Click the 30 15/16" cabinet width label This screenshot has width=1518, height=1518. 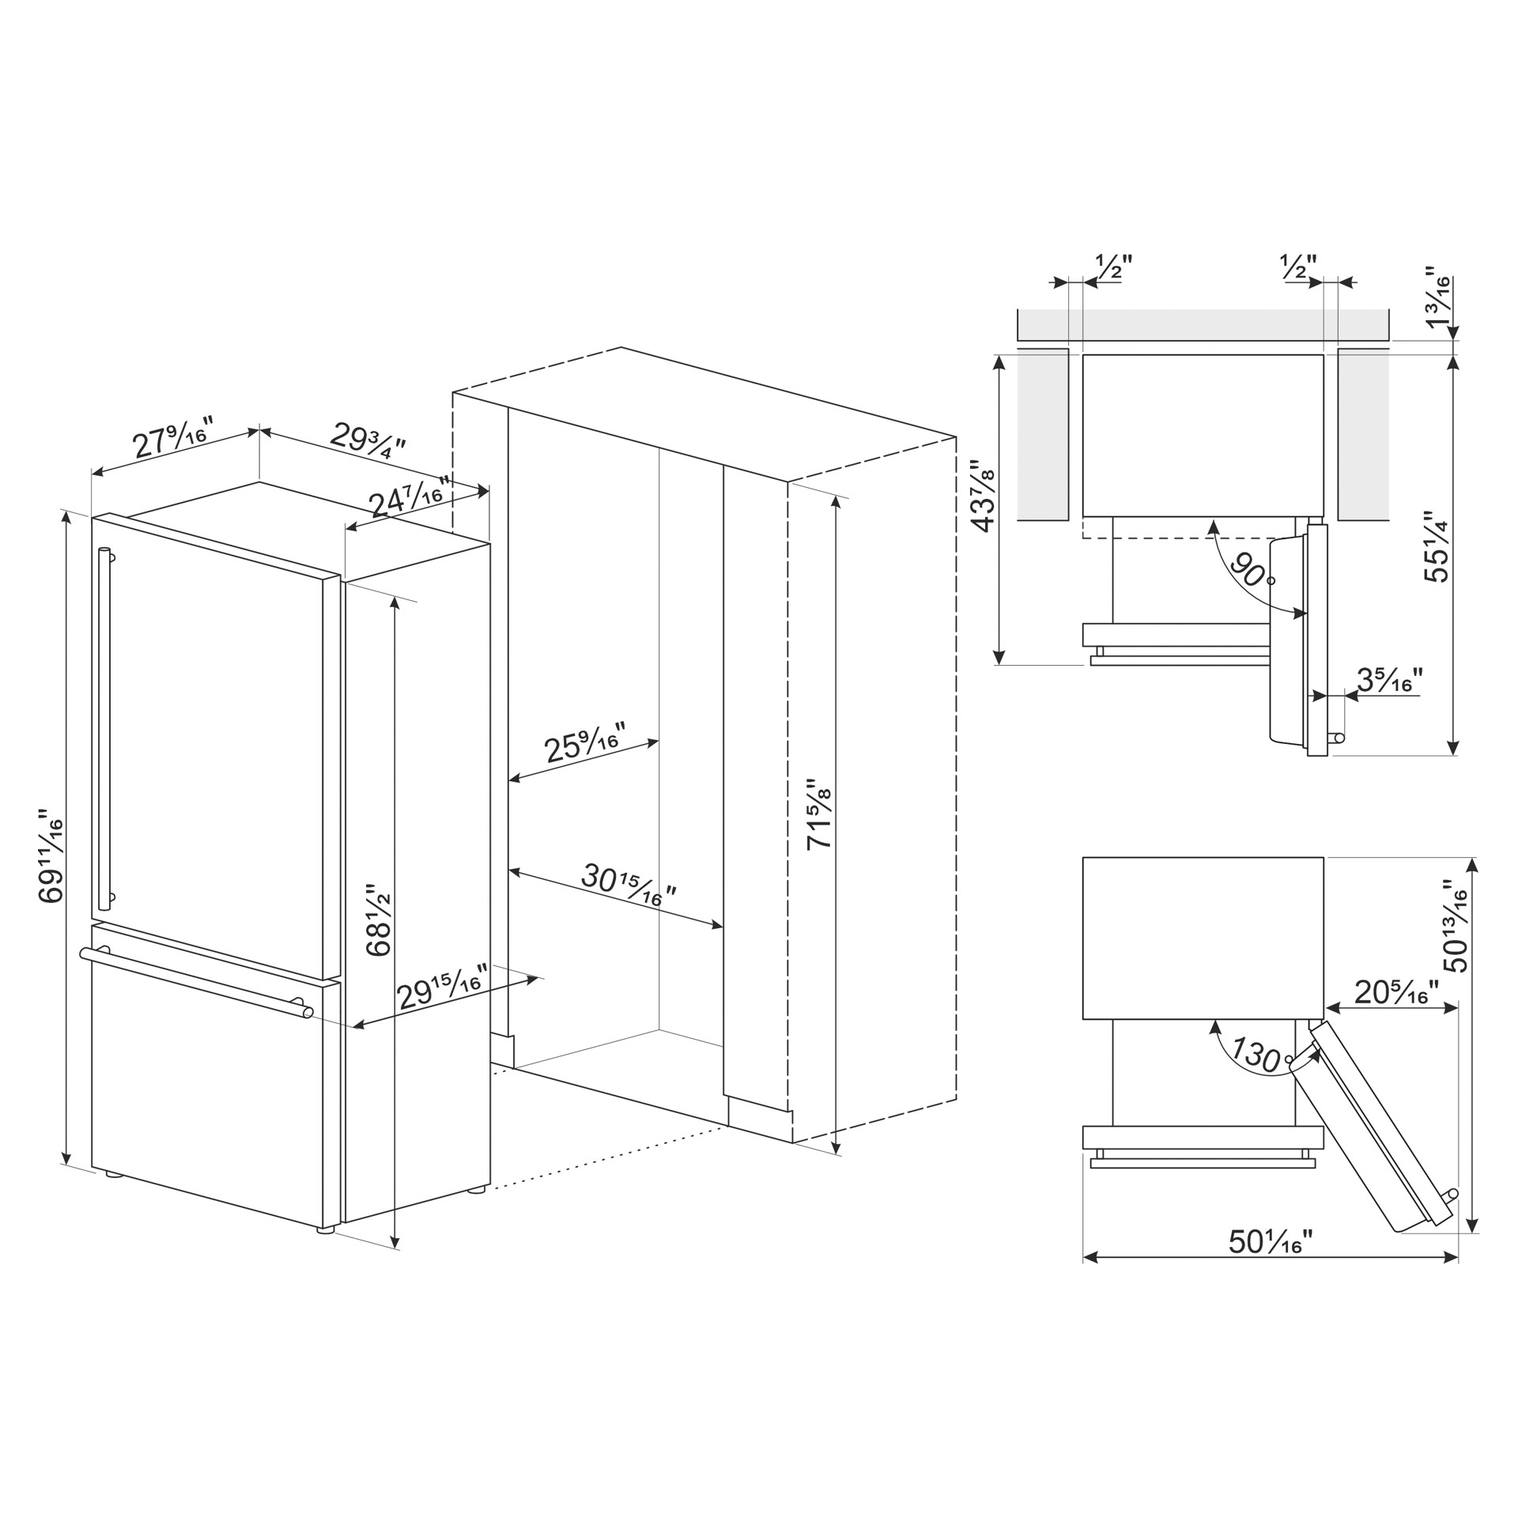coord(629,885)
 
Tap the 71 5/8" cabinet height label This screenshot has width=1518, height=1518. coord(821,814)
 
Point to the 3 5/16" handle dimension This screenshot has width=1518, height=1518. coord(1390,680)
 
